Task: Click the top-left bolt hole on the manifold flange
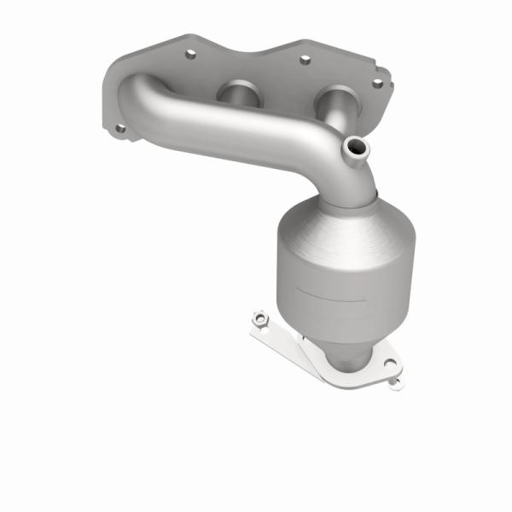pyautogui.click(x=189, y=53)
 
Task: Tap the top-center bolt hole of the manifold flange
pyautogui.click(x=304, y=60)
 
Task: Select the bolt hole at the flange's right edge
pyautogui.click(x=376, y=83)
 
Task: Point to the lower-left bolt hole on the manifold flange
pyautogui.click(x=119, y=129)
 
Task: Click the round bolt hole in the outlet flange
pyautogui.click(x=388, y=363)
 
